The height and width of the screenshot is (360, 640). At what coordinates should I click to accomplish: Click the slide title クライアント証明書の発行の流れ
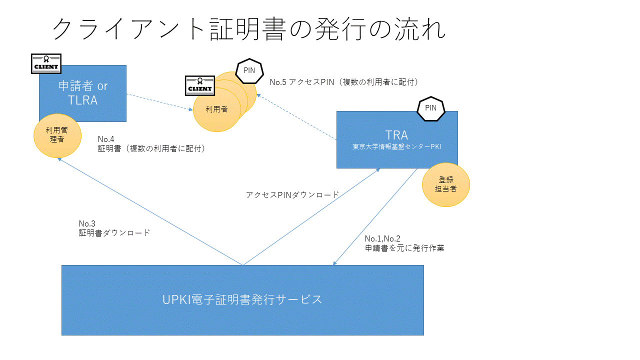pyautogui.click(x=248, y=29)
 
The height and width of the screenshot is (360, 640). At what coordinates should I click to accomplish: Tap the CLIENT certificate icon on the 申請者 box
pyautogui.click(x=46, y=63)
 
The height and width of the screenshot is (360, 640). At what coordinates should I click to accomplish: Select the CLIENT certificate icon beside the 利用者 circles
pyautogui.click(x=199, y=85)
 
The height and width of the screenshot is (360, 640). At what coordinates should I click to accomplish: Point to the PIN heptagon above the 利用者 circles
pyautogui.click(x=249, y=71)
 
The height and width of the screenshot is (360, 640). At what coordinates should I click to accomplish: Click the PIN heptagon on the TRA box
pyautogui.click(x=431, y=108)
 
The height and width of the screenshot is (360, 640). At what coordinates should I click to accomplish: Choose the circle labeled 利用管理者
pyautogui.click(x=57, y=135)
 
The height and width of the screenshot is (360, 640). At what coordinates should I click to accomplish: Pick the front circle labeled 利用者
pyautogui.click(x=217, y=109)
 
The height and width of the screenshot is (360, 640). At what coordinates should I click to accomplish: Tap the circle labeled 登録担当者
pyautogui.click(x=445, y=184)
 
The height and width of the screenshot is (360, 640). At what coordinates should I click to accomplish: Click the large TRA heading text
pyautogui.click(x=397, y=135)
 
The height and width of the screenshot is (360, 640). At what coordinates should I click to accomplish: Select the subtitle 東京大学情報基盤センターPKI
pyautogui.click(x=397, y=146)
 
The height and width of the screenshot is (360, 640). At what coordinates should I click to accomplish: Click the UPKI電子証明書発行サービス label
pyautogui.click(x=242, y=299)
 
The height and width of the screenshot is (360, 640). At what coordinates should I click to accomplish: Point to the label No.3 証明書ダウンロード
pyautogui.click(x=114, y=228)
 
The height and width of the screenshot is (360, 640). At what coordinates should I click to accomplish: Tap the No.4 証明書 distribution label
pyautogui.click(x=151, y=144)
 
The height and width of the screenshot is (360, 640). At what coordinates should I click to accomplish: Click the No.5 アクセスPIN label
pyautogui.click(x=344, y=82)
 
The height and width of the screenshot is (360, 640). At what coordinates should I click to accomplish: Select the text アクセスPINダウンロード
pyautogui.click(x=292, y=195)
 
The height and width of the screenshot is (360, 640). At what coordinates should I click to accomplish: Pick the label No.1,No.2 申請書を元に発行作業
pyautogui.click(x=404, y=243)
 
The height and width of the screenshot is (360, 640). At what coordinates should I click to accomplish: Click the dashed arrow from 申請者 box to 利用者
pyautogui.click(x=159, y=102)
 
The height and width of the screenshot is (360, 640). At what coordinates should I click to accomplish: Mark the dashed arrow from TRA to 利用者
pyautogui.click(x=296, y=117)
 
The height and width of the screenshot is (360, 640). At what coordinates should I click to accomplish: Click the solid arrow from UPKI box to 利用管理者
pyautogui.click(x=150, y=211)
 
